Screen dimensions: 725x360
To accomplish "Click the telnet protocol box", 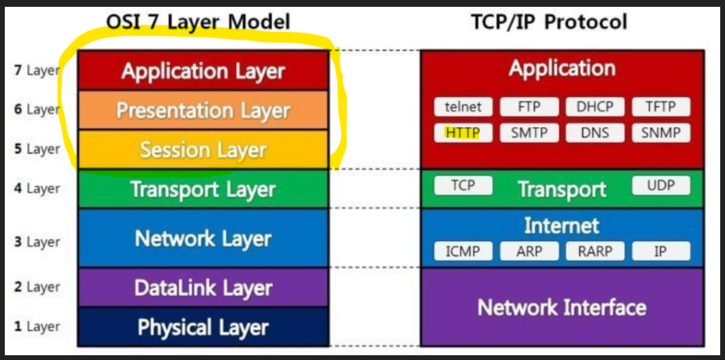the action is (x=463, y=107).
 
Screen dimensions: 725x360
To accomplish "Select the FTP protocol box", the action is (x=529, y=107).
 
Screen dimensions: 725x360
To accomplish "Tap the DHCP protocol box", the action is (x=595, y=107).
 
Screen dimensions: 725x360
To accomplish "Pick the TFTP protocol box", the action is (x=660, y=107).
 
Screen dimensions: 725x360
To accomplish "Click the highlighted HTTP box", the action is (x=463, y=133).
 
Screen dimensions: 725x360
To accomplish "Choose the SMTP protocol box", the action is (x=529, y=133).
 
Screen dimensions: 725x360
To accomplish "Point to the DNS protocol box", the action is (x=595, y=133).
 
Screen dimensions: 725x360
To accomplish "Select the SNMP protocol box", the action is (x=660, y=133).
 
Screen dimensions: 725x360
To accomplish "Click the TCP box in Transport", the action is (x=463, y=185).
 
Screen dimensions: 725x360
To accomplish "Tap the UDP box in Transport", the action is (x=660, y=185).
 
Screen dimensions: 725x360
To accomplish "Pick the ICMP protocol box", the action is (x=463, y=251).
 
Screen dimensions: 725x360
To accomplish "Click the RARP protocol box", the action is (x=595, y=251).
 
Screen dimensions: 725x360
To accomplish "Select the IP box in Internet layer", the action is (x=660, y=251).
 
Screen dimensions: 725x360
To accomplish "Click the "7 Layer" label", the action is (x=37, y=70).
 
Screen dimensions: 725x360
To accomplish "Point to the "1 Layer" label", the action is (x=37, y=327).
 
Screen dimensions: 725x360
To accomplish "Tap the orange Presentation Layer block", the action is (x=203, y=111).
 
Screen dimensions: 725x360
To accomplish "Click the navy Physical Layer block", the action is (x=203, y=327).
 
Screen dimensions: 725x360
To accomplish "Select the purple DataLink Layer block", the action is (x=203, y=288).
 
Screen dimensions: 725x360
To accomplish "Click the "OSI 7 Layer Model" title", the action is (x=198, y=22).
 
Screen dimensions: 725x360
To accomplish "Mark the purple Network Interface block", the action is (x=562, y=307).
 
